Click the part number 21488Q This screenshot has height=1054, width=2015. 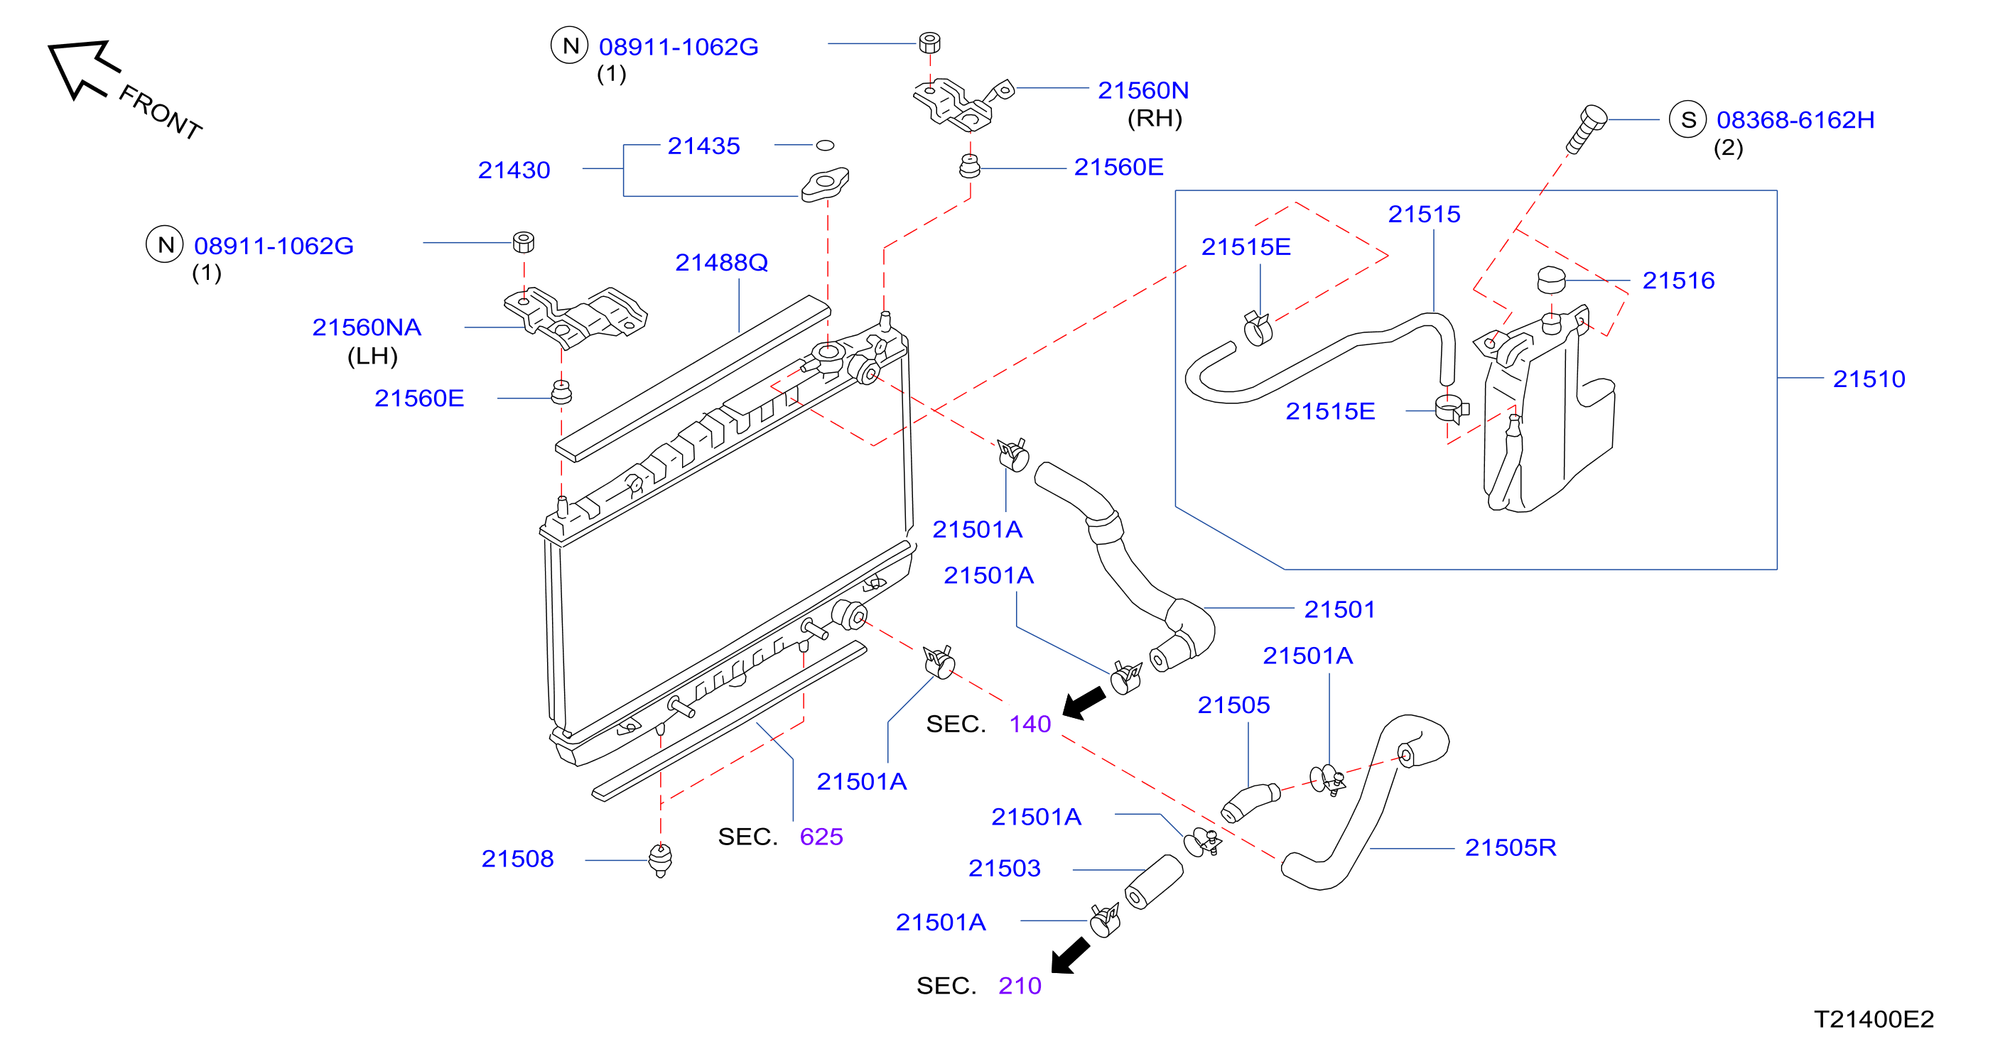[x=721, y=263]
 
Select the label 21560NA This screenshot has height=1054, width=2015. [x=366, y=327]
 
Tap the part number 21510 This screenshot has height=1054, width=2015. [x=1869, y=379]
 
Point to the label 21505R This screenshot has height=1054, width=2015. [x=1510, y=847]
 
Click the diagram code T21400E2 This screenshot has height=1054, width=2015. [x=1874, y=1020]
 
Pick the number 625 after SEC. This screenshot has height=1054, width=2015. [x=821, y=837]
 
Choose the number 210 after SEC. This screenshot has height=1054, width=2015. [x=1020, y=986]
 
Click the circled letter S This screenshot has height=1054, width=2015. [x=1687, y=119]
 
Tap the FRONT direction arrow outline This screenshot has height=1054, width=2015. [x=84, y=69]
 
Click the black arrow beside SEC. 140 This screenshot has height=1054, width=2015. [x=1084, y=702]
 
